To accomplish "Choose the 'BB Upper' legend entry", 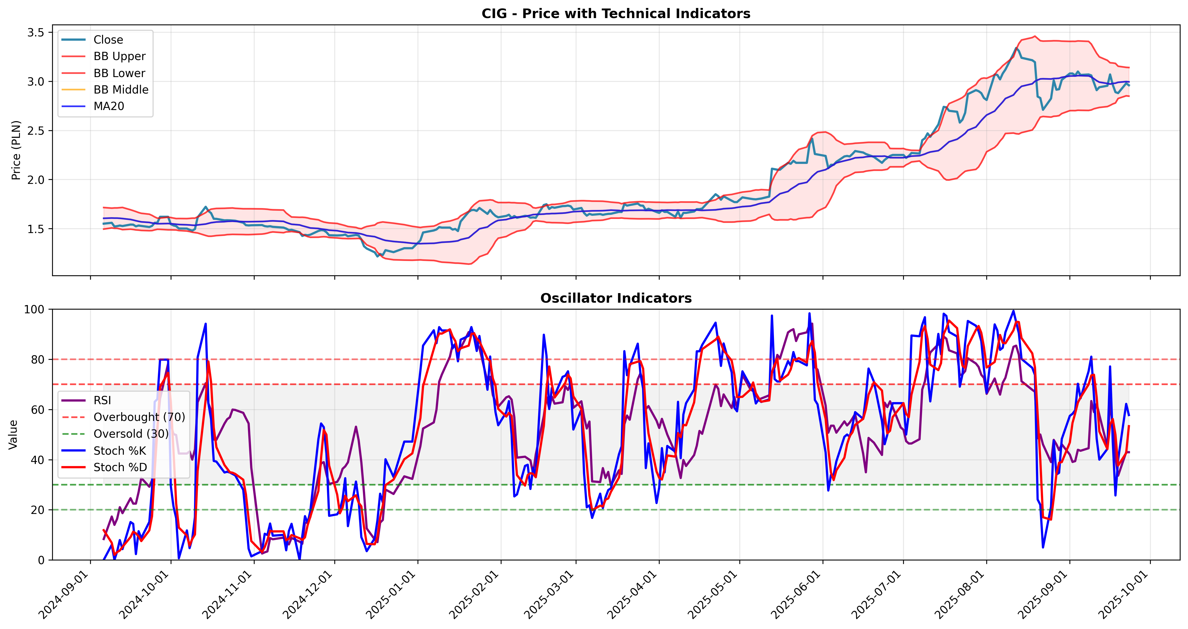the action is click(x=119, y=56).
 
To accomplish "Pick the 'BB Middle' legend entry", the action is click(x=121, y=90).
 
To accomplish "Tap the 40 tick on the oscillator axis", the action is click(x=38, y=460).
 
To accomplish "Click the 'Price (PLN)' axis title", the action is click(x=16, y=150).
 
